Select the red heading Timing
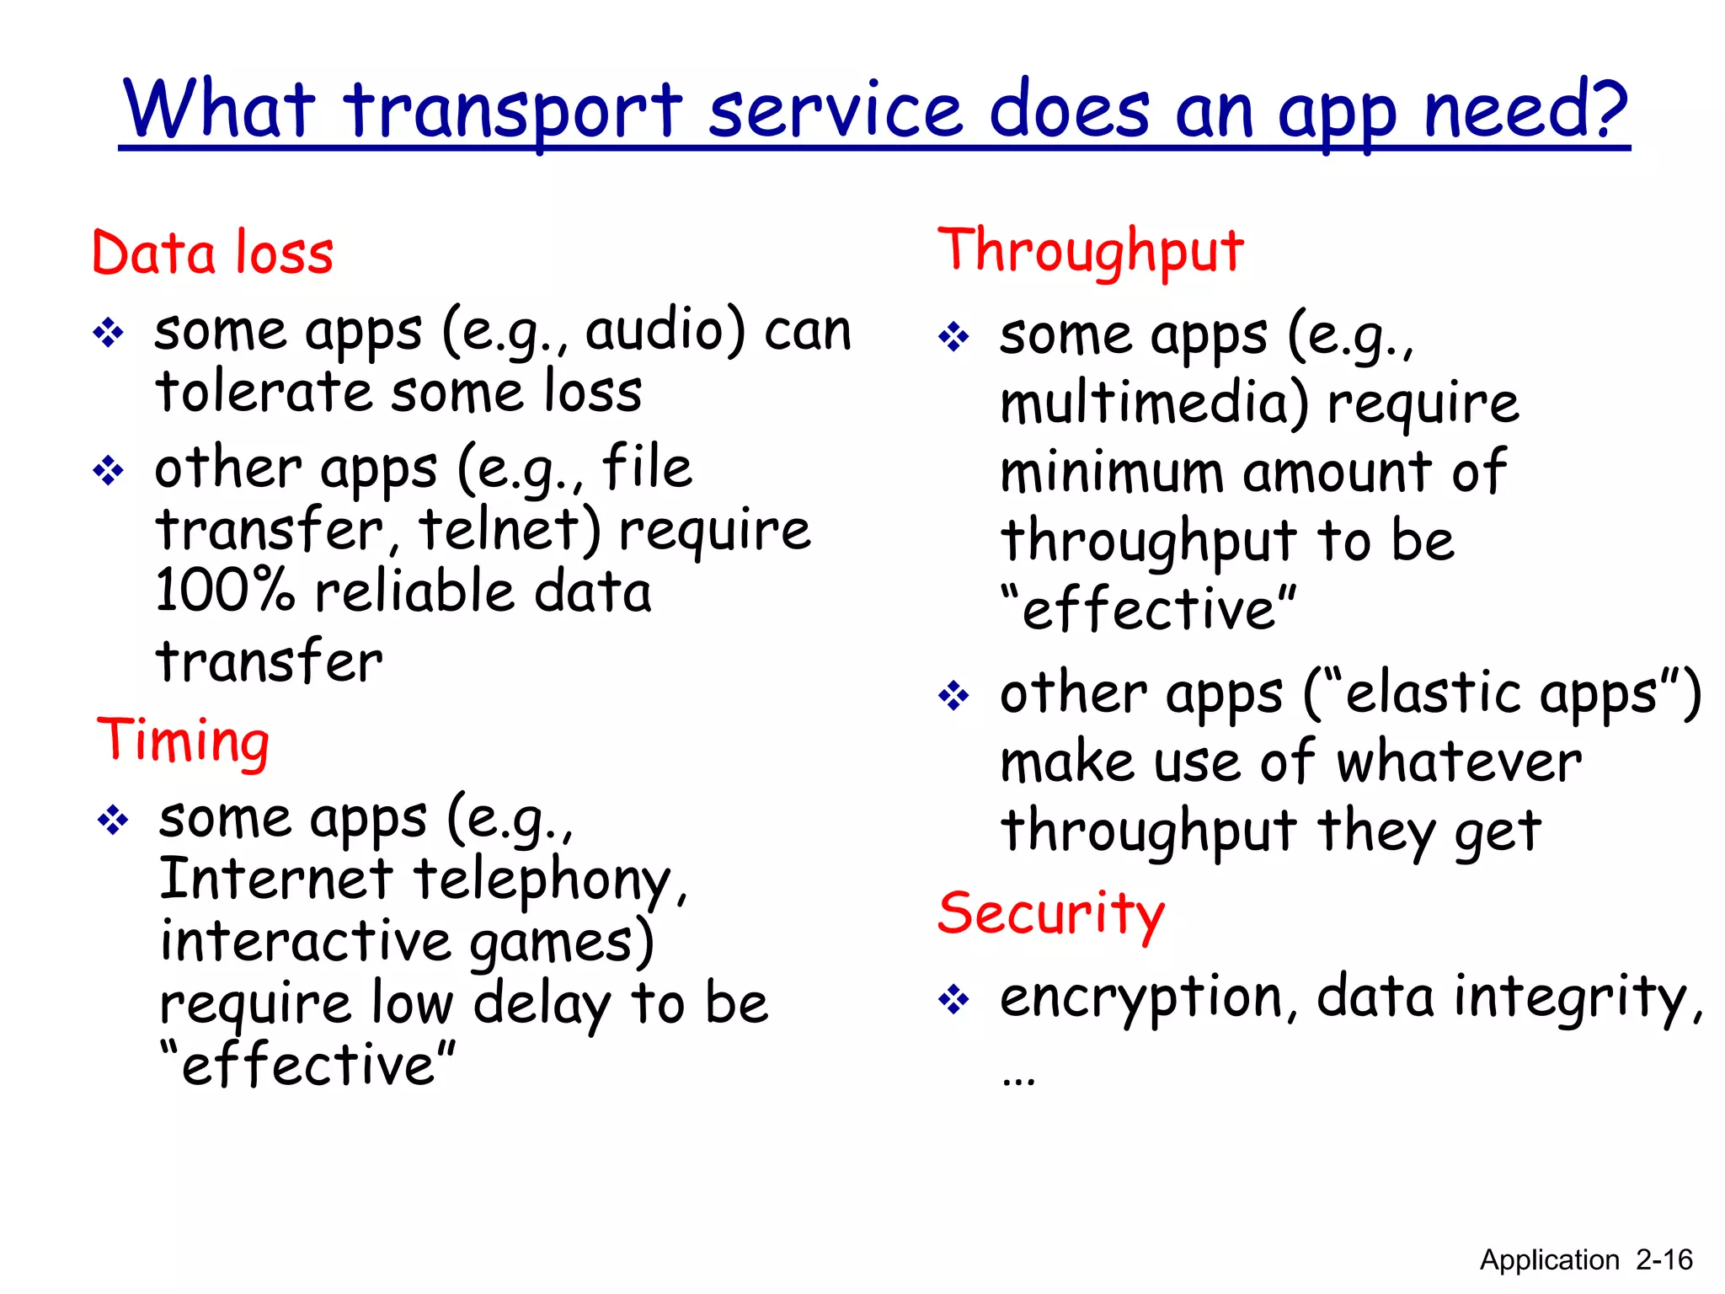click(x=183, y=741)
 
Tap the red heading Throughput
click(x=1090, y=251)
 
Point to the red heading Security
click(x=1051, y=913)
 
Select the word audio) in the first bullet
click(x=665, y=330)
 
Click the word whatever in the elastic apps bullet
click(x=1459, y=762)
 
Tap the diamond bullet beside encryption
click(x=953, y=1001)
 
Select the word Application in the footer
click(x=1549, y=1260)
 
